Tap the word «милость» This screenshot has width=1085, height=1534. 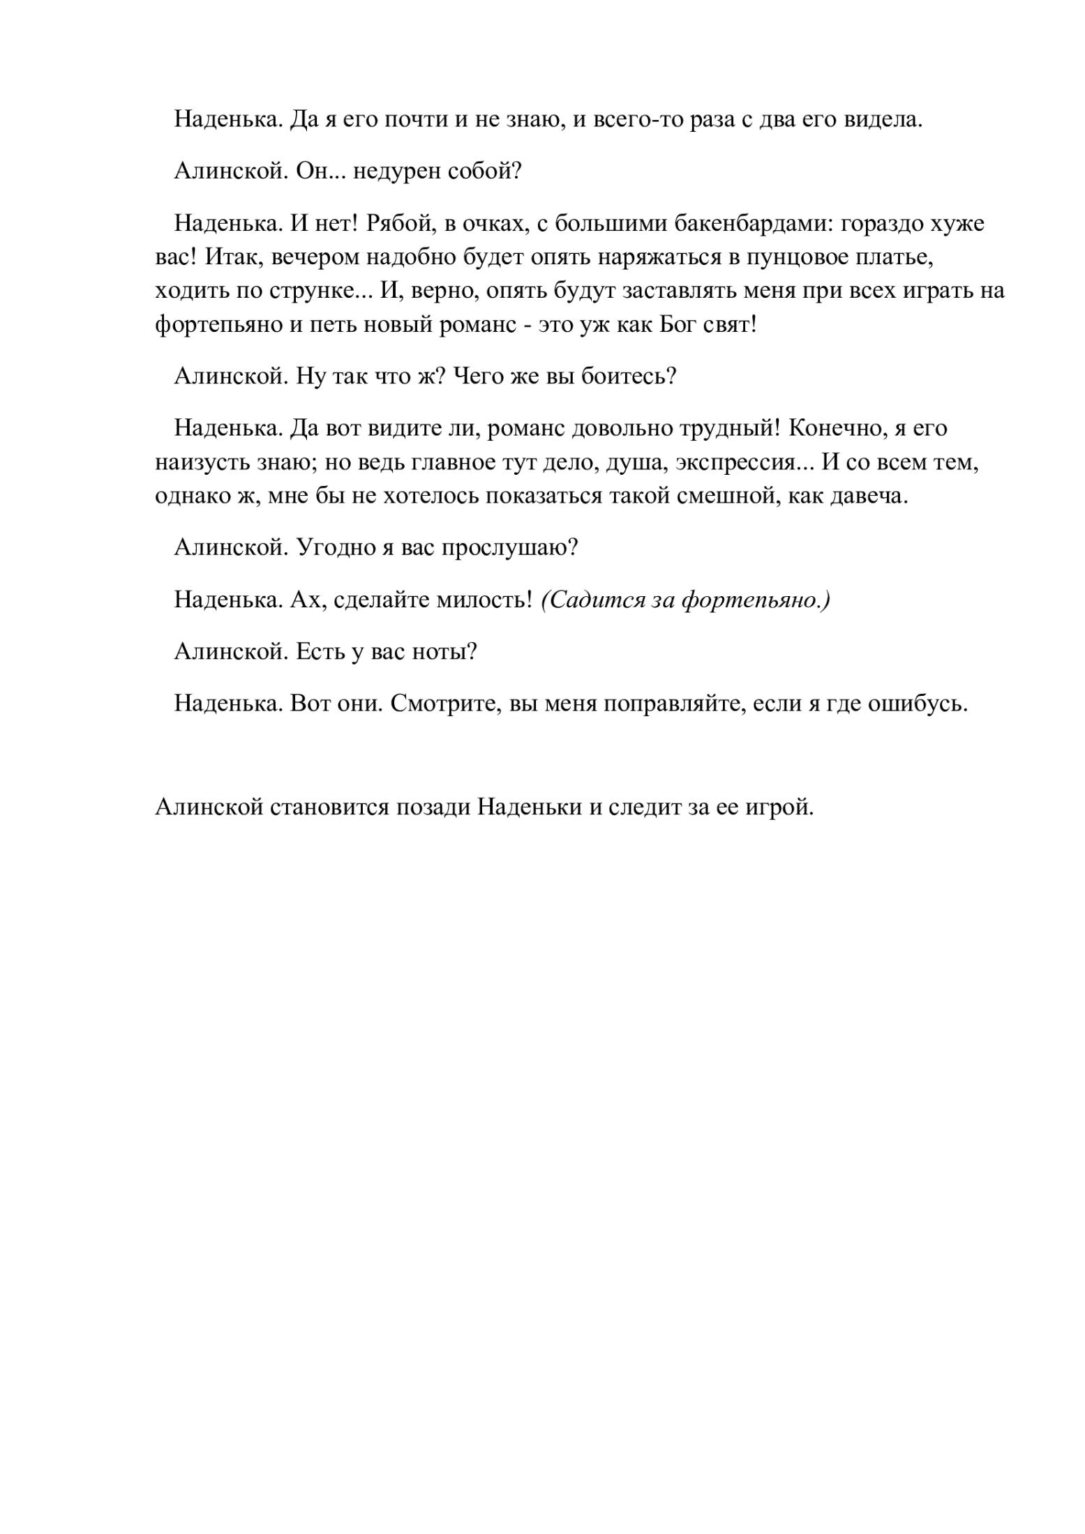(484, 600)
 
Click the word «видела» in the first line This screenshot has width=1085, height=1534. (883, 120)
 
